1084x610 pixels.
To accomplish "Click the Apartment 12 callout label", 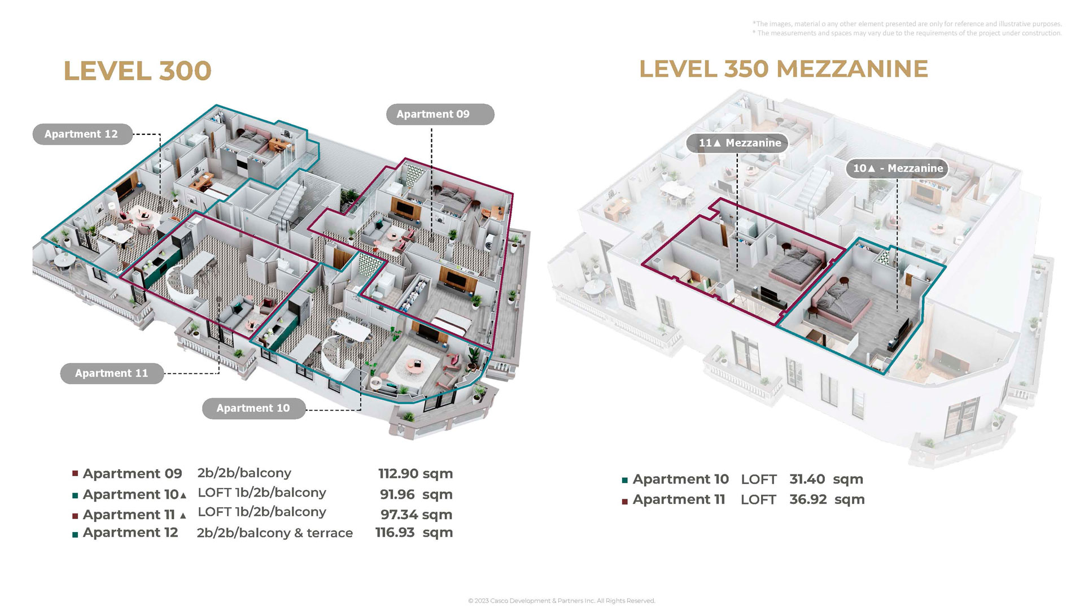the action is click(81, 134).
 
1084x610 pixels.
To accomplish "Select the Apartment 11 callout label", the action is click(112, 373).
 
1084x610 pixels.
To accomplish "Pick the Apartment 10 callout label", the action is click(253, 408).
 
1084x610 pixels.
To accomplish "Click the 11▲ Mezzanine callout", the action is click(737, 143).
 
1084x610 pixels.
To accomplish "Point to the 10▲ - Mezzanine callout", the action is click(897, 168).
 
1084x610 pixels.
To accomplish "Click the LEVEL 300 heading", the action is click(137, 71).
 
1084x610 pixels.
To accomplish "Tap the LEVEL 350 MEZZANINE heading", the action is click(784, 69).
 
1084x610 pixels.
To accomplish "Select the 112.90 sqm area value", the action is click(416, 473).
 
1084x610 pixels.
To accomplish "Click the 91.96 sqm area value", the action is click(416, 494).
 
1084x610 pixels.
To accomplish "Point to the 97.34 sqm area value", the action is click(416, 515).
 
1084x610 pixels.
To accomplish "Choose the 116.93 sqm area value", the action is click(414, 532).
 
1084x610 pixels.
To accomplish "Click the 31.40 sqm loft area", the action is click(826, 479).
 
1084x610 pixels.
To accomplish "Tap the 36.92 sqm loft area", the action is click(827, 499).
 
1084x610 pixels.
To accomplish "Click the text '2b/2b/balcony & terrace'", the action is click(275, 533).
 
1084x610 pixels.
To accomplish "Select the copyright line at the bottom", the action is click(562, 601).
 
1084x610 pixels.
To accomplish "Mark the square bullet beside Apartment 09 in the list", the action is click(75, 474).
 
